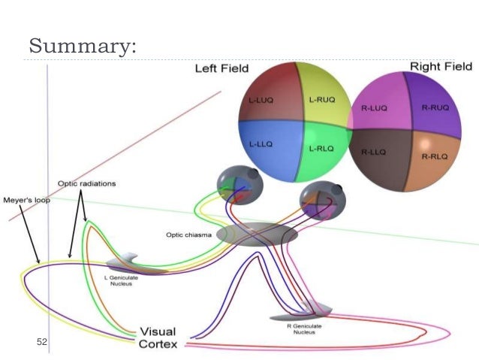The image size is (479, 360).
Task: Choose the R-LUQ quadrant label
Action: (373, 109)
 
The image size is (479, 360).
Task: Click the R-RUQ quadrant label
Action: (435, 107)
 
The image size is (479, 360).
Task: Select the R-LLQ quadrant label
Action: (373, 152)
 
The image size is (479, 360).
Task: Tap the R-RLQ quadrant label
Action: (435, 156)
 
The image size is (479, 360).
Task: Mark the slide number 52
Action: (42, 342)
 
